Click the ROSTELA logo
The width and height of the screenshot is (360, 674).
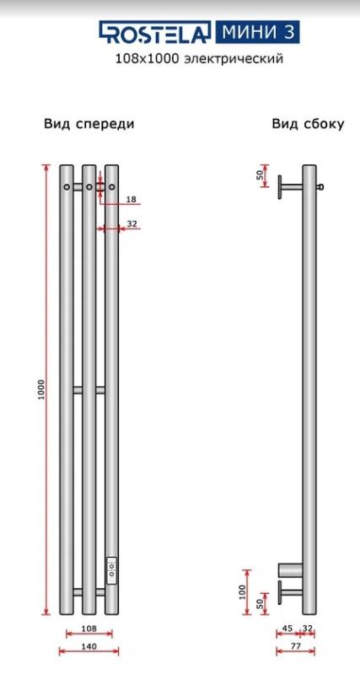pos(155,32)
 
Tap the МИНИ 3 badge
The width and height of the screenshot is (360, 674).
pos(256,32)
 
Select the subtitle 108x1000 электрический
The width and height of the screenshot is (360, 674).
pos(199,59)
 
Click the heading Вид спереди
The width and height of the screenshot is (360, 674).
pos(89,124)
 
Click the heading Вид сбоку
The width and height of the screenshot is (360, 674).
pos(308,124)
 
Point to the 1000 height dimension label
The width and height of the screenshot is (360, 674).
pos(41,389)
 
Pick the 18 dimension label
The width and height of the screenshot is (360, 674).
pos(132,199)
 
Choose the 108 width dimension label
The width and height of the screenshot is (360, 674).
pos(89,629)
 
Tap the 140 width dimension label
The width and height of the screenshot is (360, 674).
pos(89,646)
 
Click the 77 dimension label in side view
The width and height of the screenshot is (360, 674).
pos(295,646)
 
